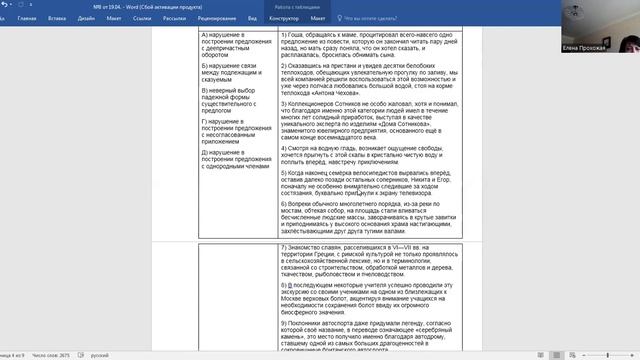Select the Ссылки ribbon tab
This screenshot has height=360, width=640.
coord(184,17)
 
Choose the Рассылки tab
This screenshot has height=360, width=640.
coord(220,17)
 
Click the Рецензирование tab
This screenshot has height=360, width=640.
coord(267,17)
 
